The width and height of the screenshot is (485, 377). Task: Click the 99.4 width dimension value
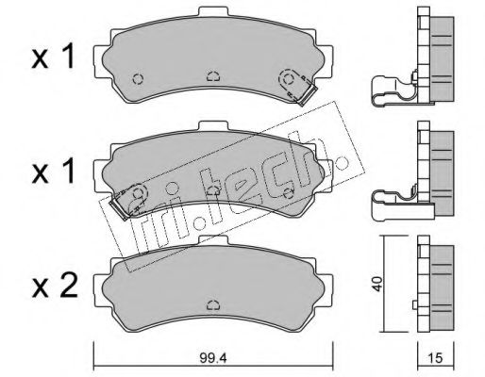(213, 357)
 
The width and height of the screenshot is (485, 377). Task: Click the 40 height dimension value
(378, 284)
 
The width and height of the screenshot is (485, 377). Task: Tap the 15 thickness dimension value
(435, 357)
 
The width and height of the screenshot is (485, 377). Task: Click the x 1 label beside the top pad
(53, 57)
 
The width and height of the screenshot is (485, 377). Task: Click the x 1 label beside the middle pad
(53, 171)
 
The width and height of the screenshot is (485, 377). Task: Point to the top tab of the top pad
(212, 11)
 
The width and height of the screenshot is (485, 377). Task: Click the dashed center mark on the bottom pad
(213, 304)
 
